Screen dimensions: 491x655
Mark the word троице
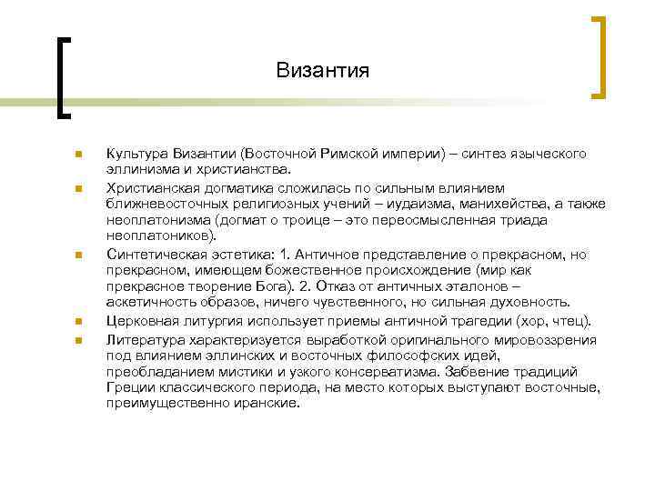click(289, 218)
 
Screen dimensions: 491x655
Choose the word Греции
click(130, 386)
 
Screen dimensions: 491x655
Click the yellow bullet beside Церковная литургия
click(80, 320)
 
